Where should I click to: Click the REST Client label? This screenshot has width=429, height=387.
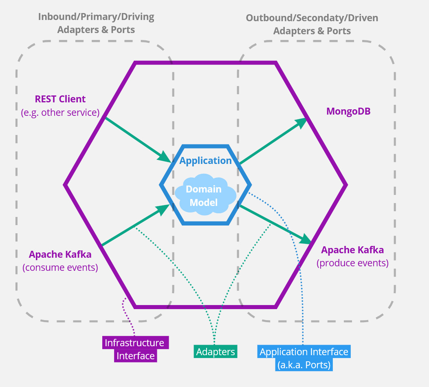[60, 99]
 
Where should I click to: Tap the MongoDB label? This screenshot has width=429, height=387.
[348, 111]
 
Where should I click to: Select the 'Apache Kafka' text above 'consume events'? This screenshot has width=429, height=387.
[60, 254]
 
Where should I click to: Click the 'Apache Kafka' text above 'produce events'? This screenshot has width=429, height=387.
[352, 250]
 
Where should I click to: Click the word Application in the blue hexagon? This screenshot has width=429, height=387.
[205, 161]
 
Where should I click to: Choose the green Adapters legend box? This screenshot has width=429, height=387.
[216, 352]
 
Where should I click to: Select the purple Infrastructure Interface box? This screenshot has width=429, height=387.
[135, 349]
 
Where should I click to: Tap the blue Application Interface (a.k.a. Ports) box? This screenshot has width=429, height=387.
[304, 358]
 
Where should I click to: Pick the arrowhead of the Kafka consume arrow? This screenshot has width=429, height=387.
[164, 209]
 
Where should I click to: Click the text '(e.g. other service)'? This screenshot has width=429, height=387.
[60, 113]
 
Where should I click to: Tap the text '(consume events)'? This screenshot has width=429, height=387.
[60, 268]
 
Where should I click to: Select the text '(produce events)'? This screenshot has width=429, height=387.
[352, 263]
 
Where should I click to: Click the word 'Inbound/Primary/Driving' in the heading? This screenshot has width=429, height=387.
[96, 17]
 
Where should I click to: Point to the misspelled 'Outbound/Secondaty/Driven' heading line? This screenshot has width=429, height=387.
[312, 18]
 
